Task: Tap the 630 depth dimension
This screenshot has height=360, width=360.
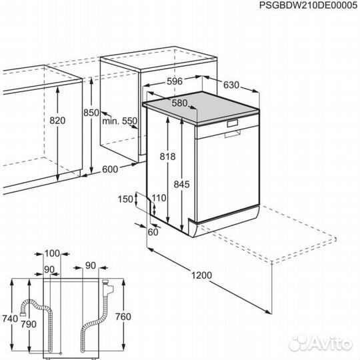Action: pyautogui.click(x=231, y=85)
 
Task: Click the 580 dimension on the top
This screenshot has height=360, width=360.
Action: pyautogui.click(x=179, y=103)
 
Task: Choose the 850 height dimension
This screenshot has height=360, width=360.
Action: pyautogui.click(x=91, y=113)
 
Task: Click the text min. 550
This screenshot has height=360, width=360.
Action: pyautogui.click(x=119, y=121)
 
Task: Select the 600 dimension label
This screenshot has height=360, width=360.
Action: pyautogui.click(x=111, y=169)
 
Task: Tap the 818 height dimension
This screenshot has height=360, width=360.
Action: pyautogui.click(x=167, y=157)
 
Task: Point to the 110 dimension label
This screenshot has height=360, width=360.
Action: pyautogui.click(x=158, y=198)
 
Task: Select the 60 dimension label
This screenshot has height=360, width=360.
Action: pyautogui.click(x=153, y=231)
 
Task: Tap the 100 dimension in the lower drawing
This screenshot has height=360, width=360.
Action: pyautogui.click(x=52, y=253)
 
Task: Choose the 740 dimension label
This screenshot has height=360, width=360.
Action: pyautogui.click(x=9, y=319)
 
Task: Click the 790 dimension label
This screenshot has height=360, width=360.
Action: pyautogui.click(x=28, y=324)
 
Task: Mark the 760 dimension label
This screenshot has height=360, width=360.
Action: pyautogui.click(x=123, y=316)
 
